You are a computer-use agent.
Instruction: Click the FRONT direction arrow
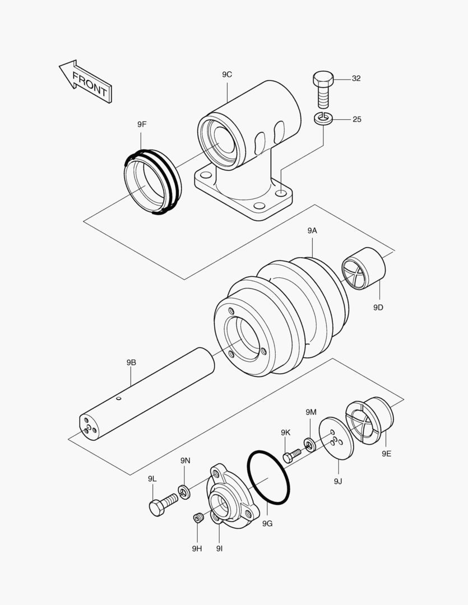click(86, 82)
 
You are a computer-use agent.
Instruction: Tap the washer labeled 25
click(323, 119)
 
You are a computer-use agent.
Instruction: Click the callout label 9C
click(227, 75)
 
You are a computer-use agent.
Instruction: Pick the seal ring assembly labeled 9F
click(151, 182)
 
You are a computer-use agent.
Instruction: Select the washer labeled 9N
click(183, 492)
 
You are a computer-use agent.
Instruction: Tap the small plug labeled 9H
click(197, 518)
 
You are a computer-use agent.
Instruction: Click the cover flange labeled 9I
click(230, 496)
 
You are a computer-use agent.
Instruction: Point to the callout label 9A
click(312, 230)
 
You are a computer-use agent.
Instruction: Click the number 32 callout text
click(356, 78)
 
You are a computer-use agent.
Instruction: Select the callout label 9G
click(267, 523)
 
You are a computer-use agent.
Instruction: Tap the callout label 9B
click(131, 362)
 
